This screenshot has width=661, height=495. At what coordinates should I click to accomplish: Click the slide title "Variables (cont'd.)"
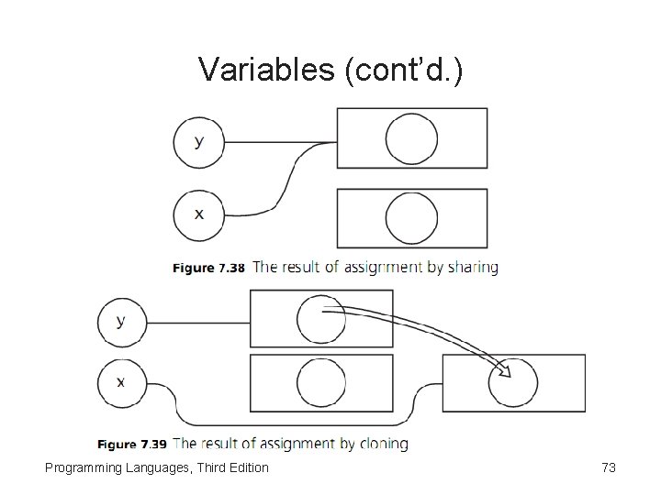coord(330,70)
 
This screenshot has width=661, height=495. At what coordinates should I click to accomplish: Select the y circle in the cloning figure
coord(122,322)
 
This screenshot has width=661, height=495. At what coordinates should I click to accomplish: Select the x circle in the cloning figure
coord(122,381)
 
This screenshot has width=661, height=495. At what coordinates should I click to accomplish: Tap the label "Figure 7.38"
coord(209,269)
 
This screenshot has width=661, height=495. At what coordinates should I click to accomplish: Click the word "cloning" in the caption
coord(381,444)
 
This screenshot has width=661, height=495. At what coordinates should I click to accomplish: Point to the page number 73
coord(608,468)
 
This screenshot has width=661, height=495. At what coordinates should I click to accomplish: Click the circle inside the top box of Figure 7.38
coord(411,138)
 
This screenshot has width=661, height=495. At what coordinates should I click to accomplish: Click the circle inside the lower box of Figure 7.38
coord(411,218)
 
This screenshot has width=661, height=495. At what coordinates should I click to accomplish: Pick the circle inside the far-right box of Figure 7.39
coord(513,382)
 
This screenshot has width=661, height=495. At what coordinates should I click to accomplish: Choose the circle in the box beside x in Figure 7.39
coord(321,382)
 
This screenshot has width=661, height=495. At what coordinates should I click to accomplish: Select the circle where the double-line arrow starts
coord(321,318)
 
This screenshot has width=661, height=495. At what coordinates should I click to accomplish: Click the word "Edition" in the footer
coord(245,468)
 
